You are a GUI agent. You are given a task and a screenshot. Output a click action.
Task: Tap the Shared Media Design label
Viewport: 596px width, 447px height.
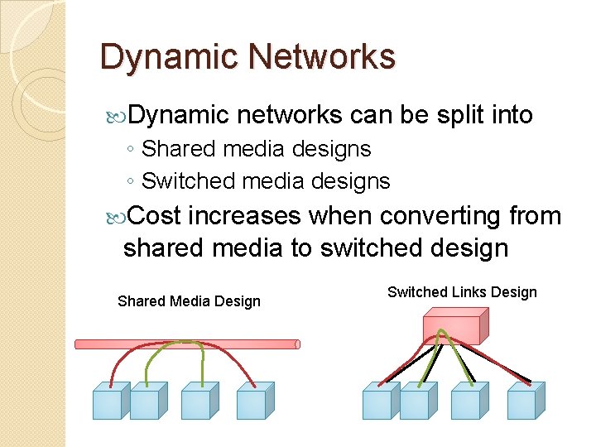point(189,301)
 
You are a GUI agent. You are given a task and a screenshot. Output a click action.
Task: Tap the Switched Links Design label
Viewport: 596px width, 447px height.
point(462,291)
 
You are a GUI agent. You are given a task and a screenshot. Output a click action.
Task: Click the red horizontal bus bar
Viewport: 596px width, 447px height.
point(187,344)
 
